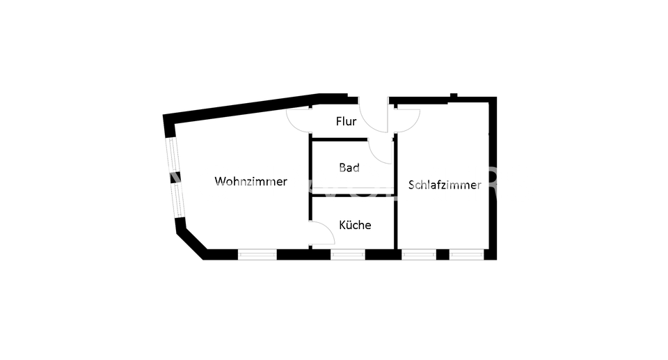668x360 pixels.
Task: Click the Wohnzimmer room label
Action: tap(250, 182)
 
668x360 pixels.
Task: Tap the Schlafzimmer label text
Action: tap(445, 185)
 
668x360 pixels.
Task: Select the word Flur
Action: tap(346, 122)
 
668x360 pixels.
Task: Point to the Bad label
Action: tap(349, 168)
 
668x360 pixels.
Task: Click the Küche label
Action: tap(355, 226)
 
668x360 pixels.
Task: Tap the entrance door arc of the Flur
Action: tap(376, 118)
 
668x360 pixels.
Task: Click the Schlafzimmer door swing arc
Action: tap(408, 120)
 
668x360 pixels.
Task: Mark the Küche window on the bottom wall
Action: tap(348, 254)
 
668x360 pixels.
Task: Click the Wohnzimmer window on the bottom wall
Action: tap(257, 254)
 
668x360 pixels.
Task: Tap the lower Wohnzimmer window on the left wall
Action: tap(178, 199)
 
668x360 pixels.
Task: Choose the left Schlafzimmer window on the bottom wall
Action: tap(418, 254)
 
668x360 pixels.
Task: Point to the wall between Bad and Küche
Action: tap(352, 196)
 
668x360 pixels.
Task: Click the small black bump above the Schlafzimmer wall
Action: tap(453, 95)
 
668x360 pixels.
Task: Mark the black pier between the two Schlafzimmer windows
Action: tap(443, 254)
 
